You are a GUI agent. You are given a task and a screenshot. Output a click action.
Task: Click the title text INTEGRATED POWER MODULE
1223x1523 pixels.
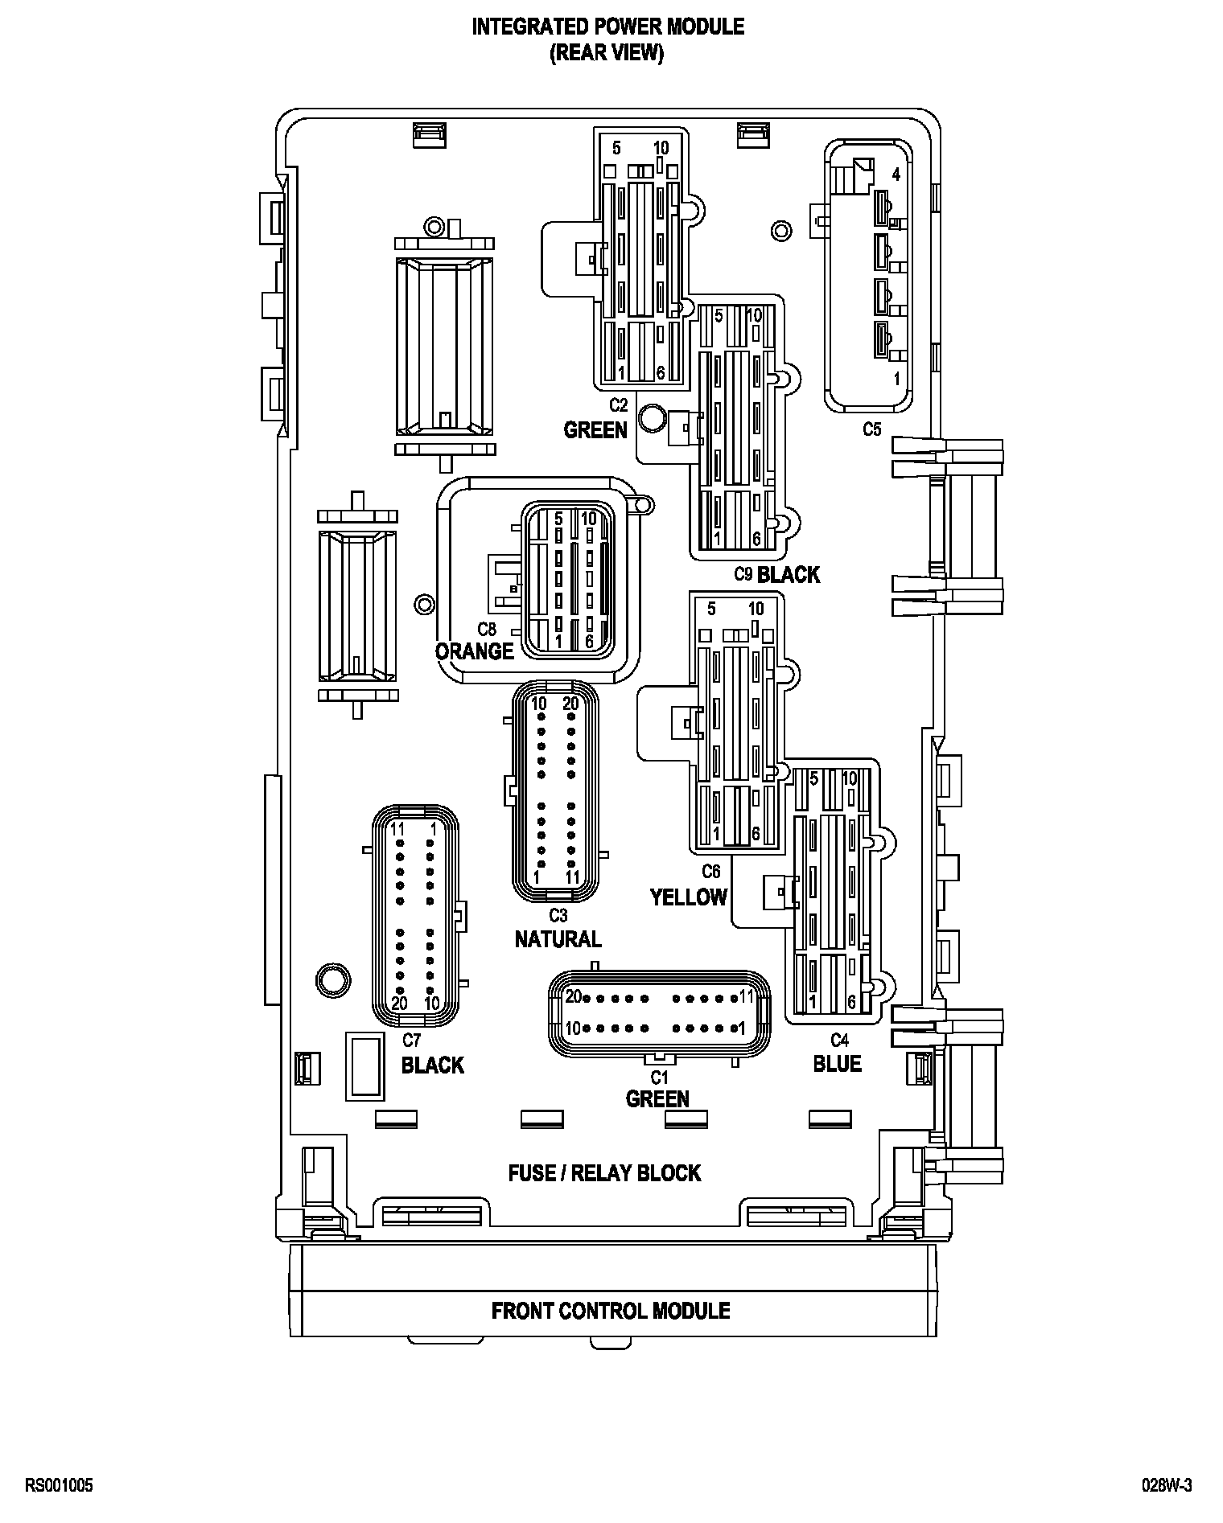pyautogui.click(x=607, y=27)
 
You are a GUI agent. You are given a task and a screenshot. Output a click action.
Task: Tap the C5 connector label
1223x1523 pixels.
pyautogui.click(x=871, y=429)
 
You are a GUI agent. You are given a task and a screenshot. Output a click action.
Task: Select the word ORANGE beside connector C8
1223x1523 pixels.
pyautogui.click(x=474, y=651)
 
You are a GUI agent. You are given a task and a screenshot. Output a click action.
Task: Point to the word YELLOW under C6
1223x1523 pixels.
pyautogui.click(x=689, y=897)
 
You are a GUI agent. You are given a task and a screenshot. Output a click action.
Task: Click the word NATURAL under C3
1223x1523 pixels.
pyautogui.click(x=558, y=938)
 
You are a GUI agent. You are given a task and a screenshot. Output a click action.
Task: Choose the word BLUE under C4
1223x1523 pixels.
pyautogui.click(x=837, y=1064)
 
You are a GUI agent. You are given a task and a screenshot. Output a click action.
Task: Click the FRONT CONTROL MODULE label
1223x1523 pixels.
pyautogui.click(x=611, y=1311)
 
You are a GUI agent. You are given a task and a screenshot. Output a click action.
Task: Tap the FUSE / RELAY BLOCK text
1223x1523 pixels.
pyautogui.click(x=604, y=1173)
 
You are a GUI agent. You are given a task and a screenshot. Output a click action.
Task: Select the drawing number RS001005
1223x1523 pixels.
pyautogui.click(x=60, y=1485)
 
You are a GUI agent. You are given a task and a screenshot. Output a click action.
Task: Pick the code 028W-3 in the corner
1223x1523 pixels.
pyautogui.click(x=1167, y=1485)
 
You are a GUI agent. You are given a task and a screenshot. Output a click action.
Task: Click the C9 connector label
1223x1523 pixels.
pyautogui.click(x=743, y=574)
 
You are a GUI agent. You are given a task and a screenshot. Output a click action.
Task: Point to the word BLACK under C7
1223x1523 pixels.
pyautogui.click(x=433, y=1065)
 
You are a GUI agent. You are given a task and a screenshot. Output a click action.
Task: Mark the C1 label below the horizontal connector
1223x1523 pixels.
pyautogui.click(x=660, y=1078)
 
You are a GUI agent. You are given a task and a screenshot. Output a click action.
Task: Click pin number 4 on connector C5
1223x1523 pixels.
pyautogui.click(x=896, y=175)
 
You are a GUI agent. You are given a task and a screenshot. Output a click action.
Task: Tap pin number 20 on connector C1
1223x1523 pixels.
pyautogui.click(x=573, y=997)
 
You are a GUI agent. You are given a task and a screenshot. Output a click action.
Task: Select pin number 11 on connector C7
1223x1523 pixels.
pyautogui.click(x=397, y=829)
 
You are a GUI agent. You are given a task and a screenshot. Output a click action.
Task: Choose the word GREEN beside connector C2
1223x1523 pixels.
pyautogui.click(x=595, y=430)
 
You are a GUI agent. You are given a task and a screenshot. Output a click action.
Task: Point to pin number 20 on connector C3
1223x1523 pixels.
pyautogui.click(x=570, y=704)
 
